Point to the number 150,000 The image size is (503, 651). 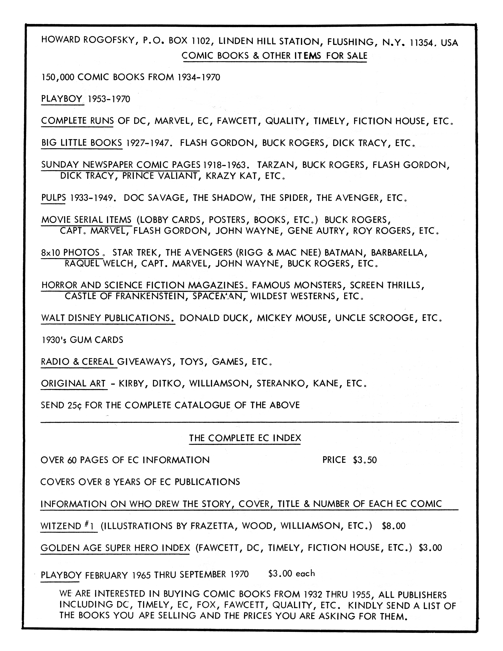[58, 78]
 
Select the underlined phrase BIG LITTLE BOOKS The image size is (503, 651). [82, 143]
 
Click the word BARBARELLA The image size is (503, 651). [399, 253]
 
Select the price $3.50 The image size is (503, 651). [365, 460]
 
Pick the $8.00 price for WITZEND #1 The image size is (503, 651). [393, 526]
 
